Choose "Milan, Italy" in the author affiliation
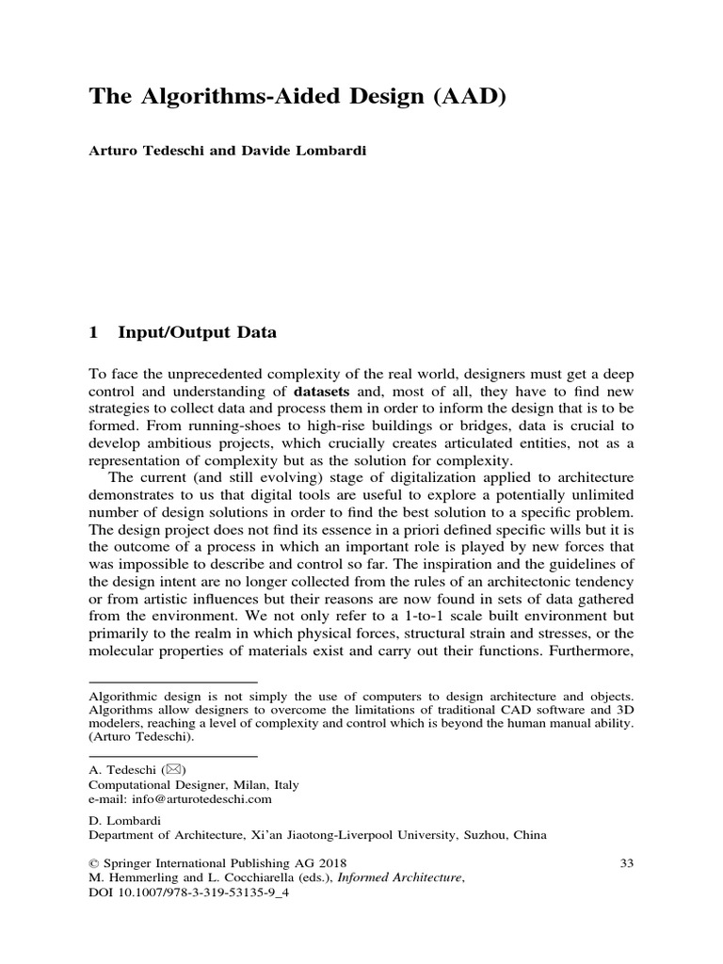pos(265,784)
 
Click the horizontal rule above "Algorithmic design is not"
pos(172,682)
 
